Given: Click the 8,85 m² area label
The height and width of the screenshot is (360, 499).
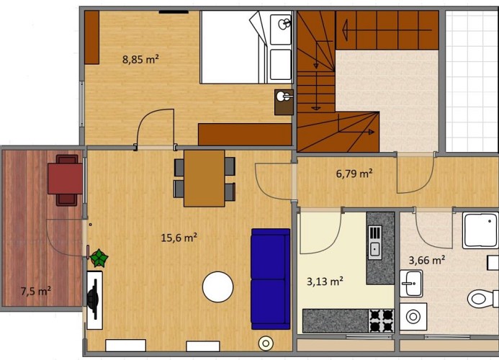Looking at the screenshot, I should click(140, 60).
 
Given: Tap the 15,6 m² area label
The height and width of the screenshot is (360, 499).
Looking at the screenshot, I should click(179, 236).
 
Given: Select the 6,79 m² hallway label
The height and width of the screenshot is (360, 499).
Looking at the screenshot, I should click(354, 174).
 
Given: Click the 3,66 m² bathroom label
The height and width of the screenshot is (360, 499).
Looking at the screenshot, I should click(426, 261).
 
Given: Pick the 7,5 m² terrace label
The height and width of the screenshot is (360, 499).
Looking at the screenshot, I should click(35, 291).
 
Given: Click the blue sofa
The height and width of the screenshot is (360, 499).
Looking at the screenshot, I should click(271, 278).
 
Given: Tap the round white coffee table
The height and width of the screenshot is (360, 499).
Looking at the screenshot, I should click(217, 287).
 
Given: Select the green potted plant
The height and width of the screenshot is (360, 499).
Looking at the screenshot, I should click(99, 257).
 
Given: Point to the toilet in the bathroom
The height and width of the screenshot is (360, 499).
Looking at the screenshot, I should click(482, 297).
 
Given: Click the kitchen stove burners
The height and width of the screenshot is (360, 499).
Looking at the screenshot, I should click(382, 320).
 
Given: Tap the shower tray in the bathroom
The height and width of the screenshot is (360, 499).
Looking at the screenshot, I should click(480, 230).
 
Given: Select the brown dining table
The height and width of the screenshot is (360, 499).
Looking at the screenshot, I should click(204, 178).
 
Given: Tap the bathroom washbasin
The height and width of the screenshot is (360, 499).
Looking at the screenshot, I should click(412, 283).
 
